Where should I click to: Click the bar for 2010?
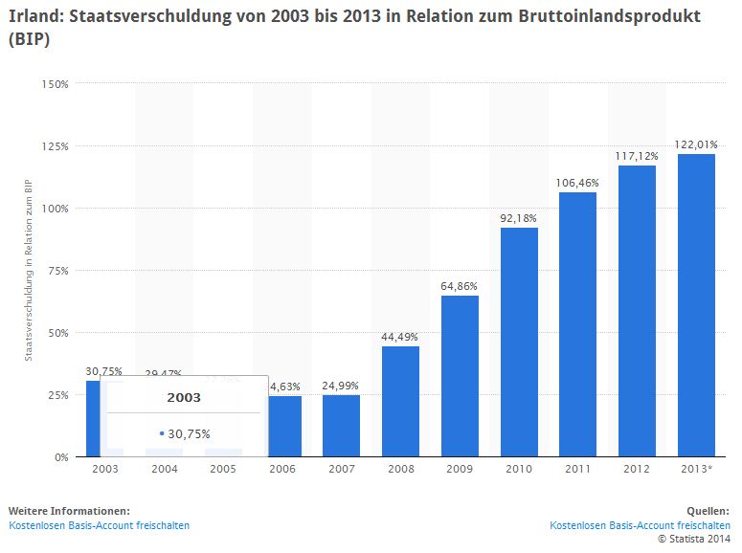(519, 342)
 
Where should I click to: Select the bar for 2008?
(400, 401)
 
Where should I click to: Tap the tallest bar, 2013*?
(696, 305)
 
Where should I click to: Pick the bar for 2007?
(341, 426)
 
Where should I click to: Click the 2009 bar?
(460, 376)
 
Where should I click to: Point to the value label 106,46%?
(577, 182)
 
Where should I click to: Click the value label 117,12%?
(637, 155)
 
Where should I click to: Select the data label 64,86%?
(460, 285)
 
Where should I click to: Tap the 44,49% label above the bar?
(400, 336)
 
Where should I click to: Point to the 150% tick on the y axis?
(56, 84)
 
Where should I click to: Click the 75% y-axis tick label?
(56, 271)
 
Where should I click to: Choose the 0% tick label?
(60, 457)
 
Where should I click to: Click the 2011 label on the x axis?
(577, 470)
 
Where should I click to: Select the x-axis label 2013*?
(696, 470)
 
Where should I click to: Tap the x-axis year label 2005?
(222, 470)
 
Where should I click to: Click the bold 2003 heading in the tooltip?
(184, 396)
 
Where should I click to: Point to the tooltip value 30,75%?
(189, 433)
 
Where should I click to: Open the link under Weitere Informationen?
(99, 525)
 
